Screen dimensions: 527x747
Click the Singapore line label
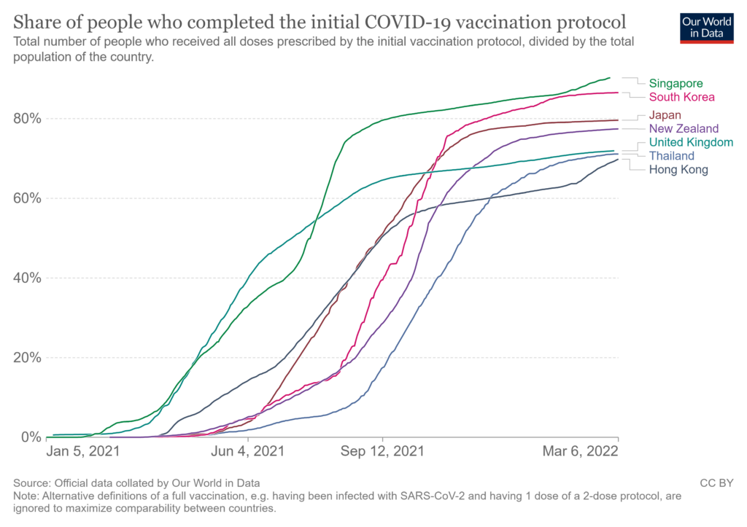[x=676, y=83]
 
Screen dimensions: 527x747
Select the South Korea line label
[x=681, y=97]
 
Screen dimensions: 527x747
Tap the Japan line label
[x=665, y=114]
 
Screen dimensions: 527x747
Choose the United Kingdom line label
[x=690, y=142]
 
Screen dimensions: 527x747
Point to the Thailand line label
[x=671, y=156]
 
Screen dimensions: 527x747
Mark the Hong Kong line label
[x=678, y=170]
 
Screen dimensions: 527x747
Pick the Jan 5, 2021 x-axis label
[x=82, y=451]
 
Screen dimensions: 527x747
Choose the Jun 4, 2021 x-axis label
[x=249, y=451]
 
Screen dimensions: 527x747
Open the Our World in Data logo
[x=706, y=27]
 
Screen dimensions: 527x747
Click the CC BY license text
[x=716, y=483]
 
